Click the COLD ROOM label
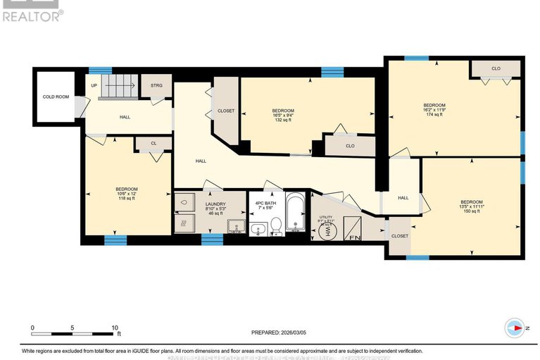(x=56, y=97)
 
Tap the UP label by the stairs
(x=94, y=85)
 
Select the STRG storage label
(x=156, y=85)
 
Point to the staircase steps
(x=118, y=87)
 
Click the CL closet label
(x=153, y=143)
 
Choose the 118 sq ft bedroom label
(x=127, y=194)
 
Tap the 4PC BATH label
(x=266, y=206)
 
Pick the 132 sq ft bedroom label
(x=283, y=115)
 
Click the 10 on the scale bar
(x=115, y=328)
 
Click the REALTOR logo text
(x=32, y=15)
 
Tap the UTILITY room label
(x=325, y=218)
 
